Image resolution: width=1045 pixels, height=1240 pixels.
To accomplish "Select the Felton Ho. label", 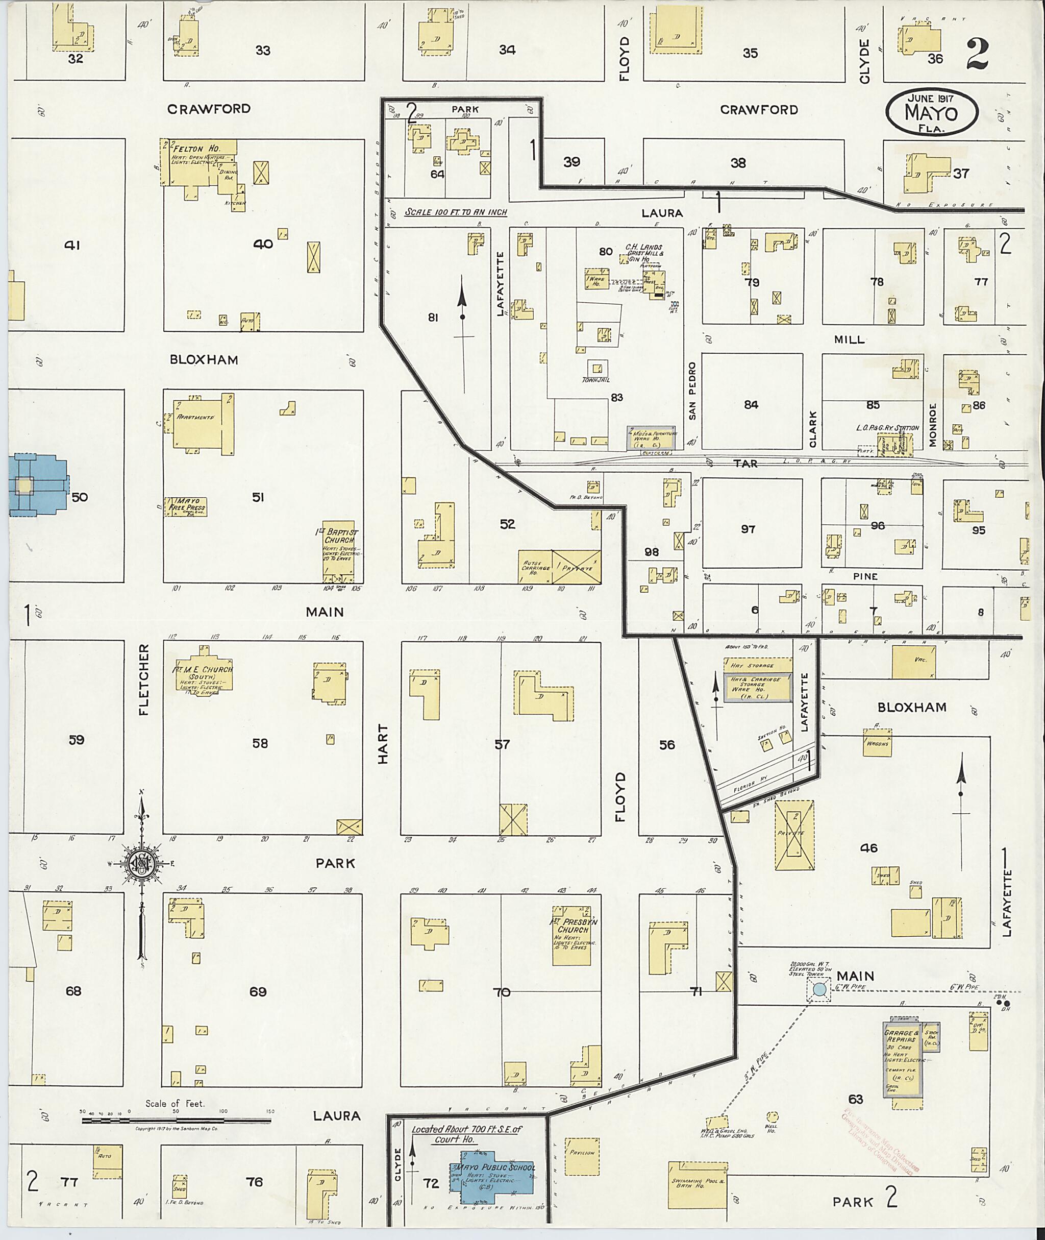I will pos(188,148).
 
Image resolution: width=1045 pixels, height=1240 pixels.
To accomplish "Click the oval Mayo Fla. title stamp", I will pos(932,113).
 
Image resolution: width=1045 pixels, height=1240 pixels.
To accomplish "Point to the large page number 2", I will pos(977,55).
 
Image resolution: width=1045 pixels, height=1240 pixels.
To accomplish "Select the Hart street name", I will pos(383,743).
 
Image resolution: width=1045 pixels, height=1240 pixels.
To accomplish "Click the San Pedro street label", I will pos(692,391).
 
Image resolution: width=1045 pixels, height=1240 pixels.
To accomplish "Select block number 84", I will pos(751,404).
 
